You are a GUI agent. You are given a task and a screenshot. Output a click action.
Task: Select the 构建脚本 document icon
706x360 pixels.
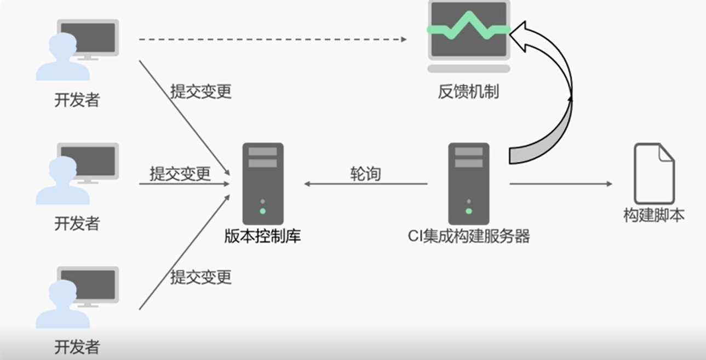(x=654, y=174)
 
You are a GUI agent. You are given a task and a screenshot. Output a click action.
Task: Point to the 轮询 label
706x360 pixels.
(x=365, y=174)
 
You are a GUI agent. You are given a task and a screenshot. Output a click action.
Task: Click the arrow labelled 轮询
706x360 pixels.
(x=365, y=184)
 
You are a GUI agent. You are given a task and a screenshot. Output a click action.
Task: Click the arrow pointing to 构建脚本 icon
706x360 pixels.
(x=561, y=184)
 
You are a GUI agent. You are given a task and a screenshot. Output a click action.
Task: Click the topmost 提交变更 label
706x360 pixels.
(x=201, y=92)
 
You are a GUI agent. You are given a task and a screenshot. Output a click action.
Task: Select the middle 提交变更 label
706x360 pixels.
(x=180, y=174)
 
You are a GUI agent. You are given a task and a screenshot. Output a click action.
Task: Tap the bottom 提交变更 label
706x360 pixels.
(x=201, y=277)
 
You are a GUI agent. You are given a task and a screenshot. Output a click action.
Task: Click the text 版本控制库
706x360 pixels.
(x=263, y=236)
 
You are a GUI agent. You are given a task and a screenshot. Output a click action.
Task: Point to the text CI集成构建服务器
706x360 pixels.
(x=469, y=236)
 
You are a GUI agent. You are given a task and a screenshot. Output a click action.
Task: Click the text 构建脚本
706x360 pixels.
(x=654, y=215)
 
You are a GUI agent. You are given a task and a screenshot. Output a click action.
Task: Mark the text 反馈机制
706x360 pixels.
(x=468, y=92)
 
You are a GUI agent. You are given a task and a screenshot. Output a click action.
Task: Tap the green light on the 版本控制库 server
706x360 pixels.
(x=263, y=211)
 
